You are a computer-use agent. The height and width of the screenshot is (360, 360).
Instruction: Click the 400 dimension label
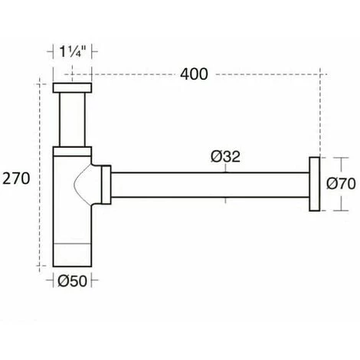(x=194, y=74)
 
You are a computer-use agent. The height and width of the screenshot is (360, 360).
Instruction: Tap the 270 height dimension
(x=16, y=178)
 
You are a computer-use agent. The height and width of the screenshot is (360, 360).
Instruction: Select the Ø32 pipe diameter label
(x=226, y=156)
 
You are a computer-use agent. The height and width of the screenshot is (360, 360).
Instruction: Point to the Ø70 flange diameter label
(x=341, y=184)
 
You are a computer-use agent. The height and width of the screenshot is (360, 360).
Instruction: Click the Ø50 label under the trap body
(x=73, y=281)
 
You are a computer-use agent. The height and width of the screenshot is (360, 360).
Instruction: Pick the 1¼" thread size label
(x=72, y=51)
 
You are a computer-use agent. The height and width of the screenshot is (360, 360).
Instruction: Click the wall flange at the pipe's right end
(x=314, y=184)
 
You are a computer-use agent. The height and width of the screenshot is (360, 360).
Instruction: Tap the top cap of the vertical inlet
(x=72, y=87)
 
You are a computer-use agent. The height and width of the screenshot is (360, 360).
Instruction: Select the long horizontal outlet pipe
(x=210, y=185)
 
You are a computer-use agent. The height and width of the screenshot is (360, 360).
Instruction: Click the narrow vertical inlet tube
(x=72, y=119)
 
